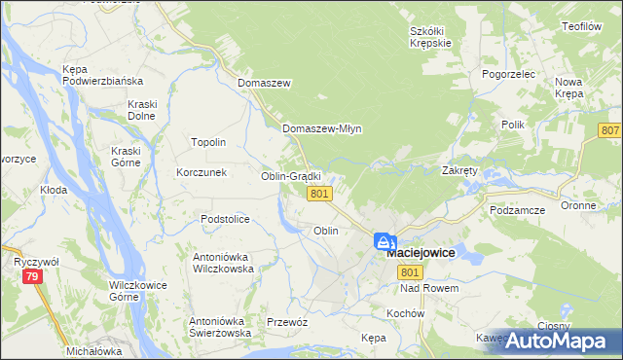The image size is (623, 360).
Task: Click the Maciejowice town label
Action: coord(421,253)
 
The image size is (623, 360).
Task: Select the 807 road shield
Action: coord(610,130)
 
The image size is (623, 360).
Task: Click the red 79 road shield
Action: coord(33,279)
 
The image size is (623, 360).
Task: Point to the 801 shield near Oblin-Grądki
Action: coord(320,195)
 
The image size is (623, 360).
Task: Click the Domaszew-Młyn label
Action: coord(321,128)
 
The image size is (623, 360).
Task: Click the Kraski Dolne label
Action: coord(142,110)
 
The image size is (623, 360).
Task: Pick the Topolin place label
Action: coord(208,142)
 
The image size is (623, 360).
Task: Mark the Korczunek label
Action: coord(202,172)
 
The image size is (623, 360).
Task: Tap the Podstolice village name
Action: coord(225,219)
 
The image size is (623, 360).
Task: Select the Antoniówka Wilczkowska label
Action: coord(223,263)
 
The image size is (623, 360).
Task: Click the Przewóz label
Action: coord(287,322)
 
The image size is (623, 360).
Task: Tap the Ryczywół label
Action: coord(37,262)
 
